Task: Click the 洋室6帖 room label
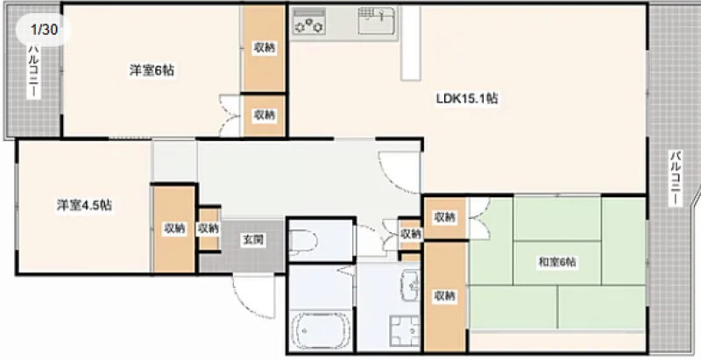(x=152, y=71)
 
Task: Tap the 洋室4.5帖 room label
(x=84, y=205)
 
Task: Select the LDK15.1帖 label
(x=467, y=98)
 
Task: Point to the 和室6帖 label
(x=556, y=263)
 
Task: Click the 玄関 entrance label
(x=252, y=240)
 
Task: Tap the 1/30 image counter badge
(x=44, y=30)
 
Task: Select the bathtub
(x=321, y=330)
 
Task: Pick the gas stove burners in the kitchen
(x=308, y=21)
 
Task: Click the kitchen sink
(x=376, y=20)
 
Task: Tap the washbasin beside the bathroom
(x=410, y=285)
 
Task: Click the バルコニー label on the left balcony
(x=33, y=71)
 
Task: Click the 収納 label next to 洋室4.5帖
(x=174, y=229)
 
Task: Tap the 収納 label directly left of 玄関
(x=209, y=229)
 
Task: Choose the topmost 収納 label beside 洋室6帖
(x=265, y=47)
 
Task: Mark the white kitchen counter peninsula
(x=410, y=43)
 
